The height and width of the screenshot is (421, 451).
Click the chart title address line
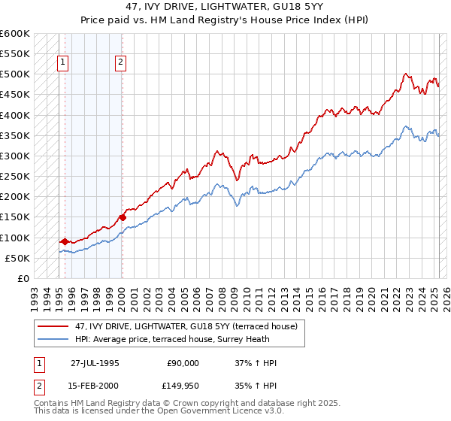[x=225, y=7]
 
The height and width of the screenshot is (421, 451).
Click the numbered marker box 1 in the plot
[x=62, y=63]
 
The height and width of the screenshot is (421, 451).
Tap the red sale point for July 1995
[x=65, y=241]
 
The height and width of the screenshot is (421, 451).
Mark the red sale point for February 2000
[x=122, y=217]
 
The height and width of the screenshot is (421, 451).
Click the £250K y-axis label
[x=16, y=177]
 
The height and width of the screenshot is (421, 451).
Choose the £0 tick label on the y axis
[x=24, y=278]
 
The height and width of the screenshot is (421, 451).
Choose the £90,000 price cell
[x=183, y=363]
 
